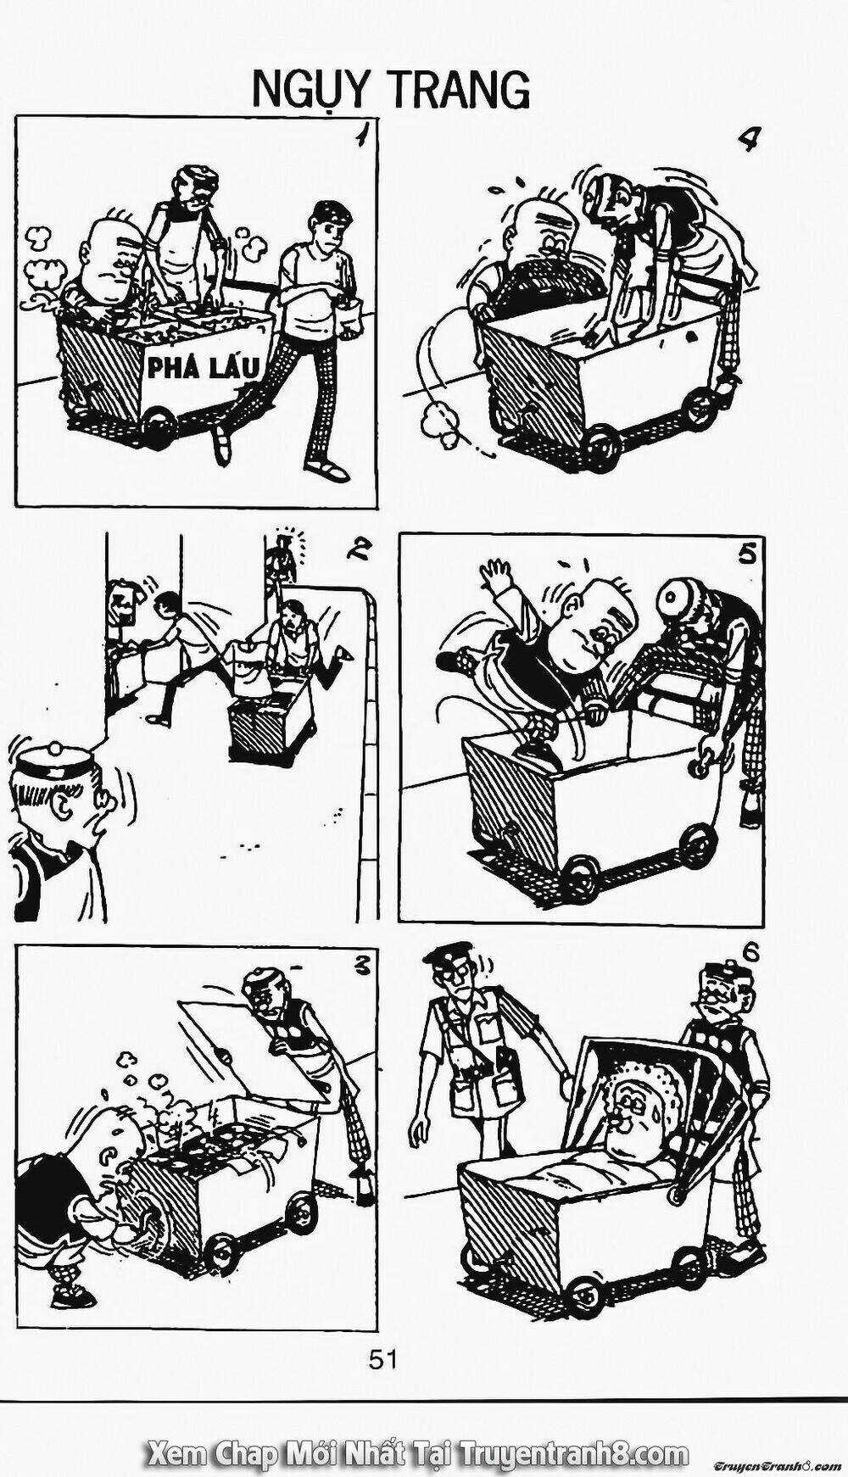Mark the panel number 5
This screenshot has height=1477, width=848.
pyautogui.click(x=746, y=554)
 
